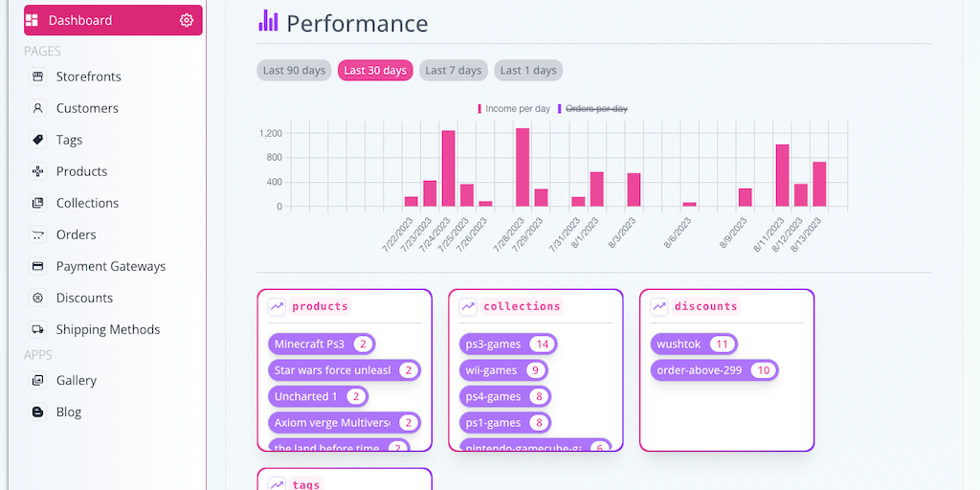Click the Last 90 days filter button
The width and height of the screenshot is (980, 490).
click(294, 70)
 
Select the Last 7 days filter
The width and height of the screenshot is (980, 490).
click(454, 70)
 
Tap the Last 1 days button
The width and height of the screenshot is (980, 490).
click(528, 70)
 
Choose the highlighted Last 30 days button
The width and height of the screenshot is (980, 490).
click(375, 70)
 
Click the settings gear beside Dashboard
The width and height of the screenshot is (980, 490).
click(187, 20)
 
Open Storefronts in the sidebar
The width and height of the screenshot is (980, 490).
click(88, 77)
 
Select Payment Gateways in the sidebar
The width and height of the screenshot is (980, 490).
click(110, 266)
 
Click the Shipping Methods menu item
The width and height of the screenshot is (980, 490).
click(107, 329)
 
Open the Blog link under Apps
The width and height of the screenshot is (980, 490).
click(69, 412)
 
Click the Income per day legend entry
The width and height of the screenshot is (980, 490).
click(517, 109)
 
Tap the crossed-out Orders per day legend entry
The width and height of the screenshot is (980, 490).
click(596, 109)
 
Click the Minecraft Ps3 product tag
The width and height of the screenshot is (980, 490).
click(309, 344)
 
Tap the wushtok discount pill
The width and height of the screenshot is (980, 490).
click(679, 344)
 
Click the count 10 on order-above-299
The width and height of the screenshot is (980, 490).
click(764, 370)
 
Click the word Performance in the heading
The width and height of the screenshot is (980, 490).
click(357, 24)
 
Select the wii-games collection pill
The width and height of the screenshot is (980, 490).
click(491, 370)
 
